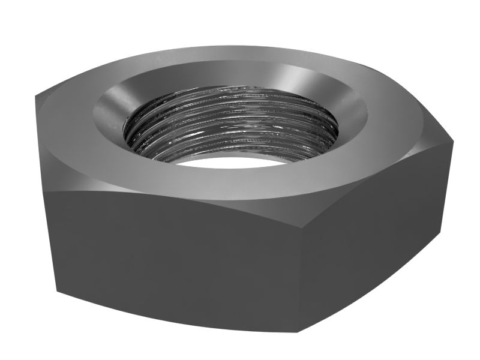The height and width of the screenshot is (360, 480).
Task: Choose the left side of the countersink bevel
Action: tap(108, 111)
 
